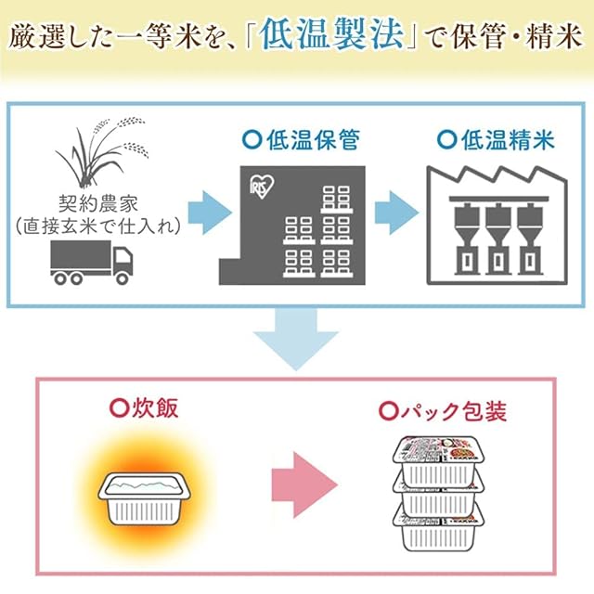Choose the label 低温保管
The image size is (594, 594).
[307, 141]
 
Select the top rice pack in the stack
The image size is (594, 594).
[438, 458]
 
